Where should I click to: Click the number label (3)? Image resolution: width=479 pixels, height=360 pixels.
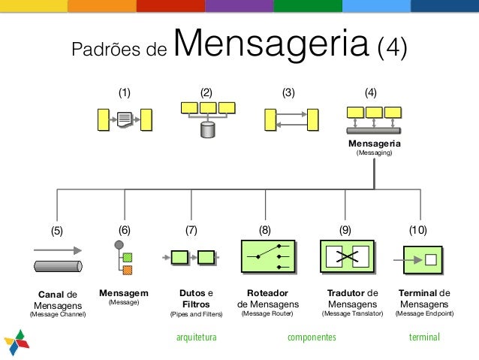tap(288, 93)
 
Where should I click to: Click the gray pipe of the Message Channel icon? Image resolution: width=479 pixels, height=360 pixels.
tap(57, 265)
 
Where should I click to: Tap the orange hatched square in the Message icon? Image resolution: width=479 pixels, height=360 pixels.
tap(127, 270)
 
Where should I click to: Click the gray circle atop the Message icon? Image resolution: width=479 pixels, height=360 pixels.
tap(118, 245)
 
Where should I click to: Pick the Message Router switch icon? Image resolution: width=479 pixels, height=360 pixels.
tap(267, 257)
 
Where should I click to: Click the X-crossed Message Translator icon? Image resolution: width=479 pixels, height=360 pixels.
tap(347, 257)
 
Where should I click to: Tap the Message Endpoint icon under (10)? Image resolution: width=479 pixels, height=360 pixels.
tap(425, 259)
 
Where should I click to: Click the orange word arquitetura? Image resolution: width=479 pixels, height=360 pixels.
tap(195, 338)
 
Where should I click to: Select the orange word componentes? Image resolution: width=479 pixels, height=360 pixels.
tap(312, 338)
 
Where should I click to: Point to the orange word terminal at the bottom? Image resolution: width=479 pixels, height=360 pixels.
tap(424, 338)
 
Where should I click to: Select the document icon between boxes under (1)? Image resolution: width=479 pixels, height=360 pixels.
tap(125, 119)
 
